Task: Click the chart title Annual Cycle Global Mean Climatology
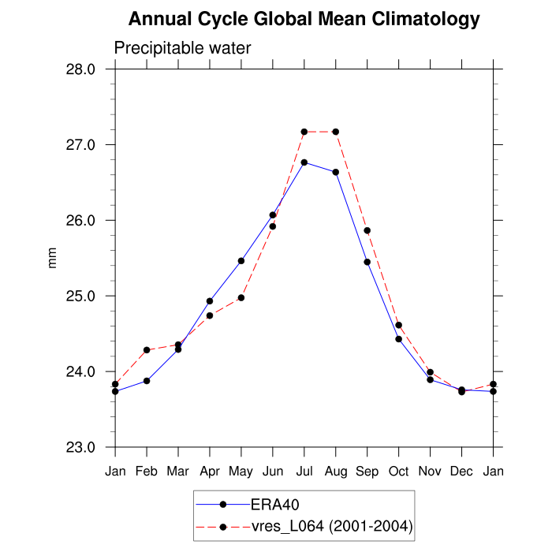304,19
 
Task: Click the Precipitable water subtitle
182,48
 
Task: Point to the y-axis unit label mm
53,258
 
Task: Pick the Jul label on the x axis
304,472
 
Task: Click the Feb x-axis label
147,472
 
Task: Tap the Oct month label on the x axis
399,472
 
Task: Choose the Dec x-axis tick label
462,472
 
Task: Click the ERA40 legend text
274,504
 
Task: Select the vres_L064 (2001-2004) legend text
330,526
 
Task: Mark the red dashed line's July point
304,132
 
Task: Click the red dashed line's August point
336,132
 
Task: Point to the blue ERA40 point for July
304,162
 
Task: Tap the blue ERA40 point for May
241,261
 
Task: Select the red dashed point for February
147,350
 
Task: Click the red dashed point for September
367,230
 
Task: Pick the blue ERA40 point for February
147,381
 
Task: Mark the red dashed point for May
241,298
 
